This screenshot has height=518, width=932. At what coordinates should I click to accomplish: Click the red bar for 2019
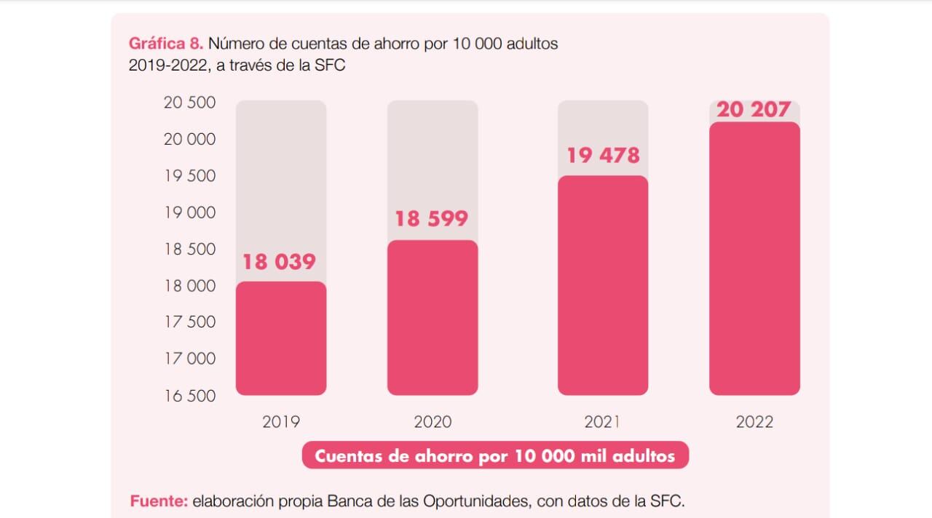[281, 338]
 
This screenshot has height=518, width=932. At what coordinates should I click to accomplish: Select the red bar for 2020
[433, 318]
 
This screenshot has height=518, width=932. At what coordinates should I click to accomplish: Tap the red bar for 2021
[603, 285]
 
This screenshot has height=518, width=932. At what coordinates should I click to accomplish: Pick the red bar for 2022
[754, 258]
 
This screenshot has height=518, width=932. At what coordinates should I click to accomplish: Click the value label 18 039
[279, 262]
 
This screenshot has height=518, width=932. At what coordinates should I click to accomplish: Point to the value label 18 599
[431, 219]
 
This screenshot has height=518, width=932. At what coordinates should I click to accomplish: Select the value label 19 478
[603, 155]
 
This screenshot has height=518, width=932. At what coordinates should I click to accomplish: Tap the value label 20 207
[754, 110]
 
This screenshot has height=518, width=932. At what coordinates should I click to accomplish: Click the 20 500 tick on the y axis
[190, 103]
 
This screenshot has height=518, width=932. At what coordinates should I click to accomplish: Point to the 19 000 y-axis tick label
[190, 212]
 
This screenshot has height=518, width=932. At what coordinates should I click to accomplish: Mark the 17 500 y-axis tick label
[190, 322]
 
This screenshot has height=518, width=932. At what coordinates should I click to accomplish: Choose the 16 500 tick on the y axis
[190, 396]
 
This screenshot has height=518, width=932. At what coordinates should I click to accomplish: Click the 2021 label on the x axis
[602, 422]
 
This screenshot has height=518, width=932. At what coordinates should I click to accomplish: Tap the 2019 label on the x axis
[281, 422]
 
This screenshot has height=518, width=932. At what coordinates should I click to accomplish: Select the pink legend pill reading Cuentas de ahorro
[495, 456]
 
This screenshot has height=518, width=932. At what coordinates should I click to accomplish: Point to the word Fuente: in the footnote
[159, 501]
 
